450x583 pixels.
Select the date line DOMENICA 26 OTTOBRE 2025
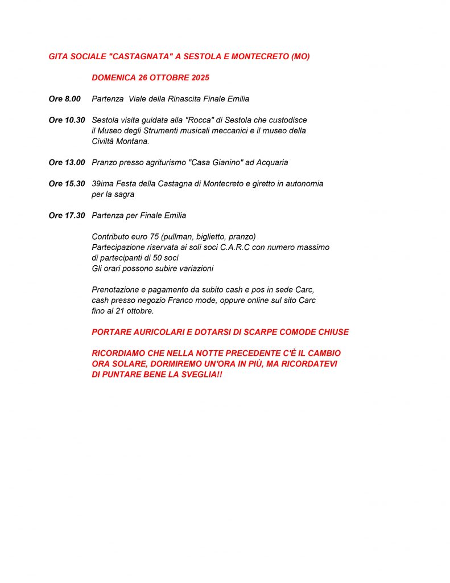pyautogui.click(x=150, y=77)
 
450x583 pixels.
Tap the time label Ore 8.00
pyautogui.click(x=65, y=99)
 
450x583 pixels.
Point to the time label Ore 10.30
pyautogui.click(x=67, y=120)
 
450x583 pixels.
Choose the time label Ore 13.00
pyautogui.click(x=67, y=162)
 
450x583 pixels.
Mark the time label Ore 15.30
pyautogui.click(x=67, y=184)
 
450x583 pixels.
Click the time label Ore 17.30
pyautogui.click(x=67, y=216)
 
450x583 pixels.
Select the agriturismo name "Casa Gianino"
pyautogui.click(x=214, y=162)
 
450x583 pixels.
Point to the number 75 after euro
pyautogui.click(x=156, y=236)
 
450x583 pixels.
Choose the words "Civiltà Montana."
pyautogui.click(x=121, y=141)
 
